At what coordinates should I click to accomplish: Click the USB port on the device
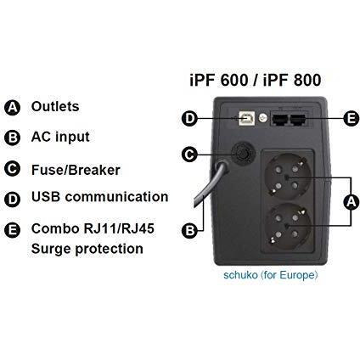(247, 118)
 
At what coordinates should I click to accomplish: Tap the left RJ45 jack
(279, 120)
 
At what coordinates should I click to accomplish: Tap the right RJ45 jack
(298, 120)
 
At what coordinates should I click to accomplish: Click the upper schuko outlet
(287, 177)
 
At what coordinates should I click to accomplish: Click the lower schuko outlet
(287, 226)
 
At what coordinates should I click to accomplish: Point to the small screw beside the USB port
(263, 118)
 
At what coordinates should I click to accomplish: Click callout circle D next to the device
(189, 118)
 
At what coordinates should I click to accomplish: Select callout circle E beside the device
(352, 118)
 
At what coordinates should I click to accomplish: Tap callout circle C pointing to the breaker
(189, 155)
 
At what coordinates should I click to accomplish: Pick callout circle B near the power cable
(189, 230)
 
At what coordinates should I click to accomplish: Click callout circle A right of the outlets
(352, 202)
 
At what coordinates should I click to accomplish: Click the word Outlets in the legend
(55, 106)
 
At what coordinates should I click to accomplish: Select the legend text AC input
(60, 137)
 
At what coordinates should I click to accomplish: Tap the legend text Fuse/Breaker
(76, 170)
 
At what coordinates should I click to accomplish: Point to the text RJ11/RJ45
(119, 228)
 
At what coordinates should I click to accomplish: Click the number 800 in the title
(307, 80)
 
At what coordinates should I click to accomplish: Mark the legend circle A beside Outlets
(13, 108)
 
